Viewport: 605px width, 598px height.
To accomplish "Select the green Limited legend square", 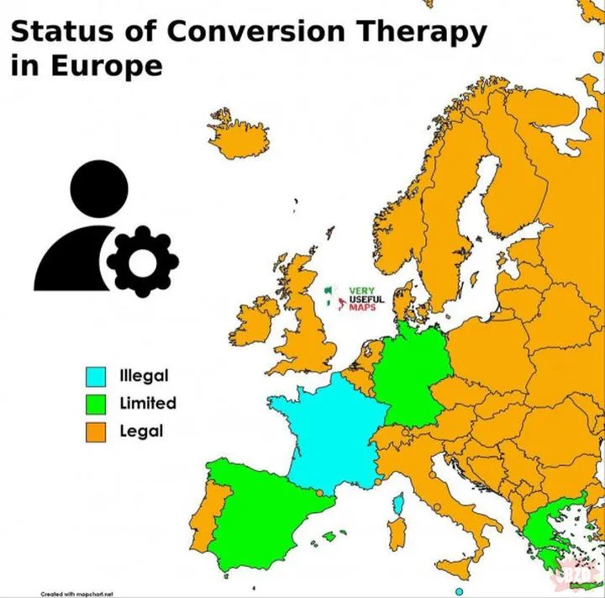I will (96, 405).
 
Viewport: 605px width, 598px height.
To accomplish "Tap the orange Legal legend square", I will (96, 433).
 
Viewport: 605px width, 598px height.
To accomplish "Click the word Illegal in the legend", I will (144, 375).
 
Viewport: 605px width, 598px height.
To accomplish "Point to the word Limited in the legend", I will (148, 403).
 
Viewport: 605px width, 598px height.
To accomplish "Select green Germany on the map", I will (410, 370).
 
